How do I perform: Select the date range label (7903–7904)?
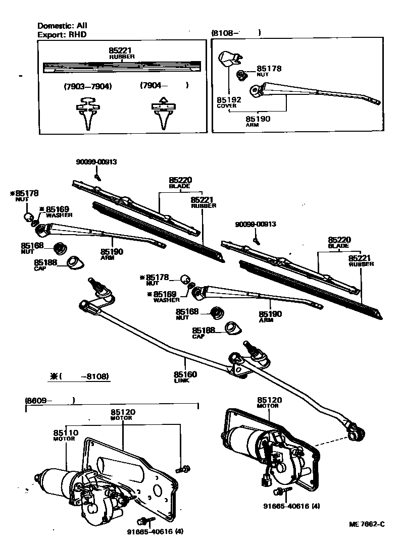point(88,86)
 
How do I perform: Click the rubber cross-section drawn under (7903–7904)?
point(87,114)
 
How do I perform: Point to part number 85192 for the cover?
point(229,100)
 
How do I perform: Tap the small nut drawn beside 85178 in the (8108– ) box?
point(242,75)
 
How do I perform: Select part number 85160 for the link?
point(185,374)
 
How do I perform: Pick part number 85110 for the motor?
point(66,433)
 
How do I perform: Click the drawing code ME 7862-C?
point(367,524)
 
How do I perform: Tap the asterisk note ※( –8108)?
point(79,376)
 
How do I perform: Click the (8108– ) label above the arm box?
point(236,33)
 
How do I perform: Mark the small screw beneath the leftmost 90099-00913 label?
point(99,177)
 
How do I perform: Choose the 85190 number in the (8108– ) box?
point(258,119)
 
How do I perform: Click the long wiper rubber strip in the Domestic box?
point(121,66)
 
